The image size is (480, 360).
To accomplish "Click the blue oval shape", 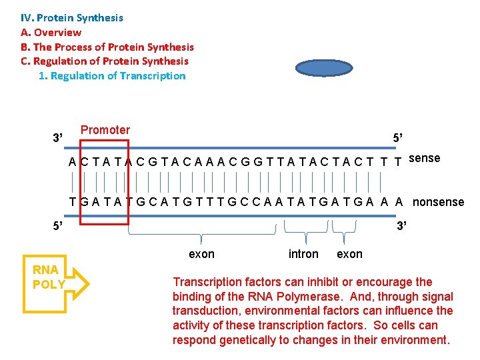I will (323, 69).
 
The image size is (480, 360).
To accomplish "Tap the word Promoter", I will (105, 130).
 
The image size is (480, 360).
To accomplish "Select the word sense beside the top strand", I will (424, 158).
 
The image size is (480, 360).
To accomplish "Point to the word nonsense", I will (438, 202).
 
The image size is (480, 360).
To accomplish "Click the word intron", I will (303, 254).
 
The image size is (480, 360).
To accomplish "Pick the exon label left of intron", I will (202, 254).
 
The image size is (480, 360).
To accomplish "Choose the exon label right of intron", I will (349, 254).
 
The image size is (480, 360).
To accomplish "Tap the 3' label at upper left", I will (58, 138).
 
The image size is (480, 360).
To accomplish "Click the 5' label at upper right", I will (398, 138).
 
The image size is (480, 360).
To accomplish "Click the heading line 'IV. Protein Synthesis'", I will (72, 18).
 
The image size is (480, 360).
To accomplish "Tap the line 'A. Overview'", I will (51, 33).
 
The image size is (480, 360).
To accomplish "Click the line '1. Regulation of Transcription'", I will (112, 76).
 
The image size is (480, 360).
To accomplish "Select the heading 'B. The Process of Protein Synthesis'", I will (107, 47).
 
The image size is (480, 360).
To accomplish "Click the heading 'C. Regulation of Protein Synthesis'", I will (105, 61).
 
